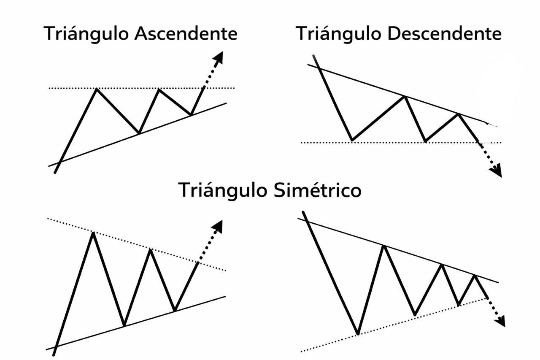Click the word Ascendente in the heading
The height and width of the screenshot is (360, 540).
[x=186, y=34]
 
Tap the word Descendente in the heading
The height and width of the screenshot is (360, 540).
[x=444, y=34]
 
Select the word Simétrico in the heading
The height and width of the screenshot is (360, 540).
[x=317, y=190]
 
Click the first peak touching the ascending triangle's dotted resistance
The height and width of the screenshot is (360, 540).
[x=97, y=89]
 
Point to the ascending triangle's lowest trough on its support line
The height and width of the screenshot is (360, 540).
[x=139, y=133]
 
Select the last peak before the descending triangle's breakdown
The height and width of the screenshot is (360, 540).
[x=458, y=114]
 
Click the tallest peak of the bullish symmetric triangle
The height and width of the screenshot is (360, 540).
[x=93, y=233]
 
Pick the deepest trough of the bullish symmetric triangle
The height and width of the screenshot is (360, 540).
[x=124, y=325]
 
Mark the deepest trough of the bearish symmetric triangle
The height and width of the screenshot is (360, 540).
[x=358, y=334]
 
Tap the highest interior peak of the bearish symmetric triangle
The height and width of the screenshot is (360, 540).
[x=384, y=246]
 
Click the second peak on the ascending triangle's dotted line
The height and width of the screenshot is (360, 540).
[x=159, y=89]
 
